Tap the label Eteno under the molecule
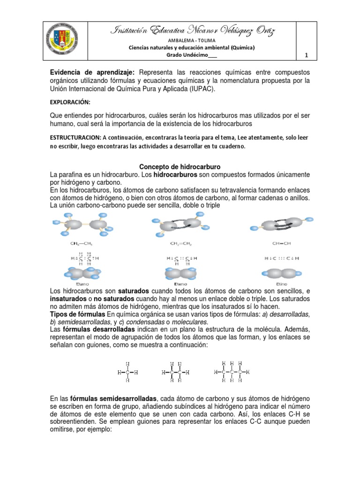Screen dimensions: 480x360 180,284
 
